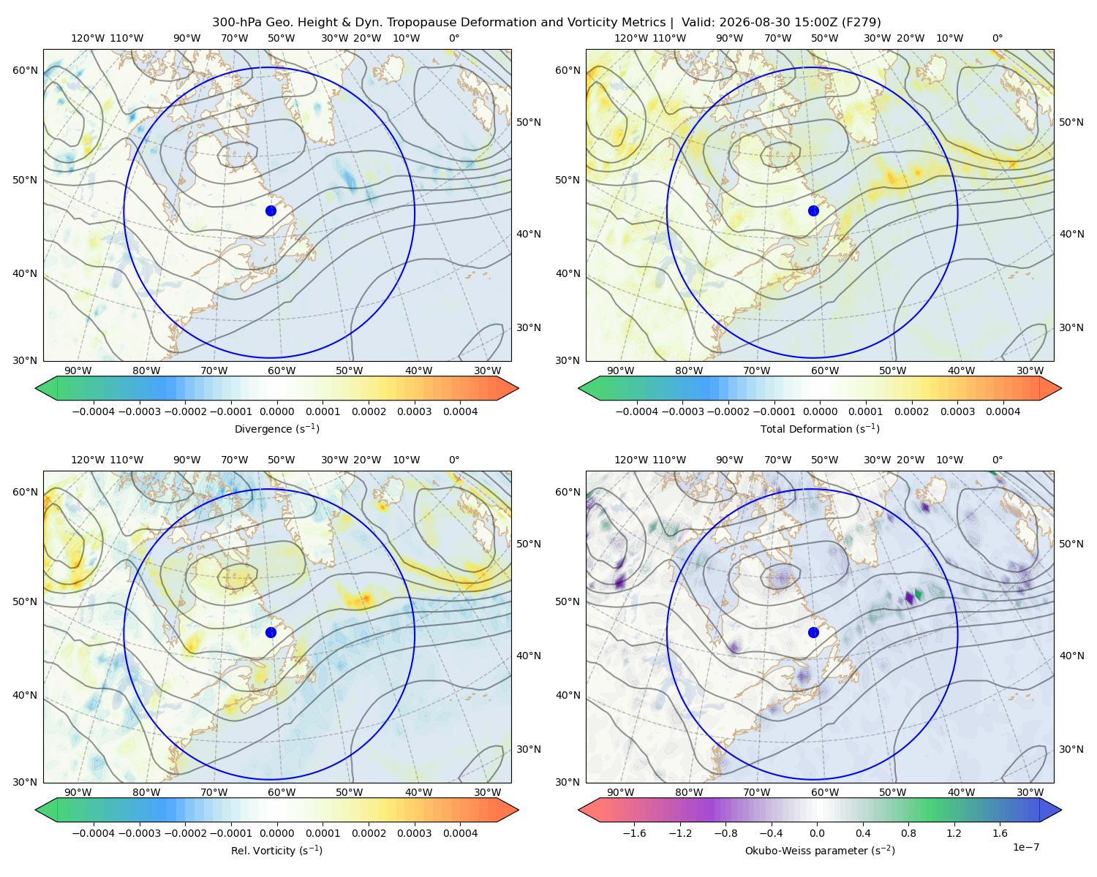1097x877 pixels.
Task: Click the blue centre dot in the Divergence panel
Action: click(x=271, y=210)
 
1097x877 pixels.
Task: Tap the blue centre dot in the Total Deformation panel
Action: click(x=813, y=210)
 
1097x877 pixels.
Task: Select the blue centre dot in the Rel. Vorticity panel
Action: click(x=271, y=632)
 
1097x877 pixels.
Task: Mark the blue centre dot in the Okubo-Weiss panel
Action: click(x=813, y=632)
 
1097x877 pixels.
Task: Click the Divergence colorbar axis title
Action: click(x=276, y=428)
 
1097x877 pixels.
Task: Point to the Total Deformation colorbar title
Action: click(x=820, y=428)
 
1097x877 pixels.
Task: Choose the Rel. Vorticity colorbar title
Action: click(x=276, y=850)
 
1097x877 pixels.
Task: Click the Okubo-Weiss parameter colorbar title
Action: click(x=820, y=850)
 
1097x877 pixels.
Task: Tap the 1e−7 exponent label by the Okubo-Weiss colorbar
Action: click(x=1025, y=847)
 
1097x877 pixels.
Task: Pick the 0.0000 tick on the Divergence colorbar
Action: click(x=276, y=411)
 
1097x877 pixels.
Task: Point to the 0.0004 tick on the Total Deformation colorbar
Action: click(x=1003, y=411)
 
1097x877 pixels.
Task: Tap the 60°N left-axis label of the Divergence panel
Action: click(x=25, y=70)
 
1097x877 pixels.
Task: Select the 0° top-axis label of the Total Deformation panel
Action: click(x=997, y=38)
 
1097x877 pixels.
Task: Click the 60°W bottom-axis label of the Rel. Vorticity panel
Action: click(x=282, y=792)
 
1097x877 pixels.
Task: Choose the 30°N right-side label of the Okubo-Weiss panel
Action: click(x=1071, y=748)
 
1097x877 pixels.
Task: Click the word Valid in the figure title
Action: click(x=695, y=22)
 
